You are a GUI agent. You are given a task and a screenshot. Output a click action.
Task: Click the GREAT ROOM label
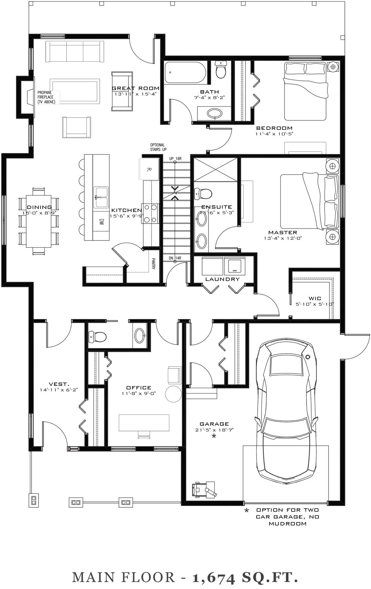pyautogui.click(x=136, y=88)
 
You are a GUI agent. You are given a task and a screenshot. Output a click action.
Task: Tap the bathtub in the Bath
pyautogui.click(x=185, y=73)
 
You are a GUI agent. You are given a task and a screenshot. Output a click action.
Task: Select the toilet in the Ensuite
pyautogui.click(x=203, y=194)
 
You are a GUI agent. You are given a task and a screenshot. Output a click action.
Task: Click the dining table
pyautogui.click(x=39, y=221)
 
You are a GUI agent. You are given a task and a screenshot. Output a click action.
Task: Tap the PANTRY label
pyautogui.click(x=153, y=264)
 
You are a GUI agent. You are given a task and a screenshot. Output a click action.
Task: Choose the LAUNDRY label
pyautogui.click(x=222, y=279)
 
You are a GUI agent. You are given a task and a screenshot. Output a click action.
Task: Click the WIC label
pyautogui.click(x=315, y=298)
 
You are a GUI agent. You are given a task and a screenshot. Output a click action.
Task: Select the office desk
pyautogui.click(x=144, y=422)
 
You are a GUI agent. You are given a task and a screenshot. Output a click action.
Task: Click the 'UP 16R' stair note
pyautogui.click(x=176, y=159)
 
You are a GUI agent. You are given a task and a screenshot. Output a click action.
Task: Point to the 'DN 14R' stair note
pyautogui.click(x=175, y=258)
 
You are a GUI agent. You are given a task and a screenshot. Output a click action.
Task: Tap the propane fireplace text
pyautogui.click(x=46, y=97)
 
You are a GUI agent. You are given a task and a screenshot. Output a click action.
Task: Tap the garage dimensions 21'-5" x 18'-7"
pyautogui.click(x=214, y=430)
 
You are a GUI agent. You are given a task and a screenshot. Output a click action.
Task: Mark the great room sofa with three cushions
pyautogui.click(x=75, y=52)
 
